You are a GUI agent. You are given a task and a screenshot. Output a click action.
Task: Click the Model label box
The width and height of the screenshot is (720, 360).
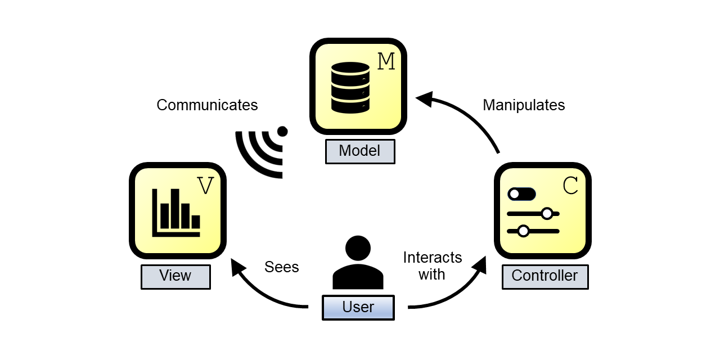(x=360, y=151)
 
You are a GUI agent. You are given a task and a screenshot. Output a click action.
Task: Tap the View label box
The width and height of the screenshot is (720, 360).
(x=176, y=277)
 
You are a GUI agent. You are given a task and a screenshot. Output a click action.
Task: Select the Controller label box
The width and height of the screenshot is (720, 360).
(x=545, y=277)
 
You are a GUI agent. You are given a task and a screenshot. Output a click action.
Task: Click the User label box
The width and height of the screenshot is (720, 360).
(x=358, y=308)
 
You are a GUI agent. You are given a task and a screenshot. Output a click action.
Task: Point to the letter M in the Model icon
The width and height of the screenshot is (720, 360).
(x=386, y=61)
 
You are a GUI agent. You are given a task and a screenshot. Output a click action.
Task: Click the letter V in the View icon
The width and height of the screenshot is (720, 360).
(x=205, y=186)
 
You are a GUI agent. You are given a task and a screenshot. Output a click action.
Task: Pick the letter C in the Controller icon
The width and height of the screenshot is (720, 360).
(x=570, y=186)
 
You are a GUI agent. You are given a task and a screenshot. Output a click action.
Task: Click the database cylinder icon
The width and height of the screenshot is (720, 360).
(x=350, y=87)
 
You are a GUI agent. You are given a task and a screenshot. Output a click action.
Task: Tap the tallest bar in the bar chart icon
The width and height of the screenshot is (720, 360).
(x=175, y=208)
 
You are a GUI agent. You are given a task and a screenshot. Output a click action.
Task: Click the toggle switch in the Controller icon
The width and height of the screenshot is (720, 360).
(x=521, y=194)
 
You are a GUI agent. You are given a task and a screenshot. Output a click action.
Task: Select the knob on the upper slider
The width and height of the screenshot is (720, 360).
(x=547, y=214)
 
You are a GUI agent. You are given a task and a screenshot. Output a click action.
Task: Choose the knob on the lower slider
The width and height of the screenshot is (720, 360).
(x=523, y=231)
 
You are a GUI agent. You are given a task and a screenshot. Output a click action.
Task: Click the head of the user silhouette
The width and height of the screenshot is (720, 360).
(x=358, y=248)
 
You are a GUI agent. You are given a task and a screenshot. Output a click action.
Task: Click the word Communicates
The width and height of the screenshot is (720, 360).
(x=207, y=105)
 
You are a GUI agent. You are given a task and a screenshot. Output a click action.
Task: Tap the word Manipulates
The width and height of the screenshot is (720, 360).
(x=524, y=105)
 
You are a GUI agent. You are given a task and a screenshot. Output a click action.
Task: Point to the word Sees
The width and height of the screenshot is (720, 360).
(x=282, y=267)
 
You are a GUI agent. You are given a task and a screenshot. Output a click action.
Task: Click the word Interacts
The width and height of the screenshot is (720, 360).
(x=433, y=258)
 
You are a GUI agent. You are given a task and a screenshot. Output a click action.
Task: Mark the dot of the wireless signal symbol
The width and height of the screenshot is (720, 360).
(x=282, y=131)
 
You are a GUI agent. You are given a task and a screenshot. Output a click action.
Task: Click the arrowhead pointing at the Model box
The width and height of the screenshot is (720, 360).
(x=425, y=98)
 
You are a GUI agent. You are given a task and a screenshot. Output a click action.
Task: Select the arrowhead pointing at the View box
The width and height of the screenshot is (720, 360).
(x=238, y=267)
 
